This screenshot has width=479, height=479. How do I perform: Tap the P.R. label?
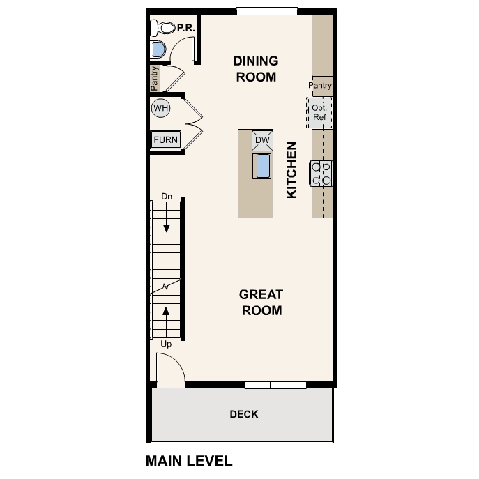[185, 28]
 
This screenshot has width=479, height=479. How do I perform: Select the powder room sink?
[158, 50]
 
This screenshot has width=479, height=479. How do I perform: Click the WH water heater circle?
[161, 108]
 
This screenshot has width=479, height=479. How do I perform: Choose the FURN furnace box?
[166, 139]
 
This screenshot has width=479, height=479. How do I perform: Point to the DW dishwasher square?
[262, 140]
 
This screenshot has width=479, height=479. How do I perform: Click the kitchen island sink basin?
[263, 166]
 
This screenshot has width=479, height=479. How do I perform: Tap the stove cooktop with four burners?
[321, 174]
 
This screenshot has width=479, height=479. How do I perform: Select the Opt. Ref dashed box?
[320, 113]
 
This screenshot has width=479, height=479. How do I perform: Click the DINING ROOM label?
[256, 69]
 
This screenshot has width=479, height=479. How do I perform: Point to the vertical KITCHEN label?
[292, 170]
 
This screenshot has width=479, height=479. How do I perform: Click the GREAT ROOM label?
[261, 303]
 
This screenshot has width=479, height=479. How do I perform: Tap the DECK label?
[244, 414]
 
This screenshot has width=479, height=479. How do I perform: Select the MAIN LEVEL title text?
[189, 461]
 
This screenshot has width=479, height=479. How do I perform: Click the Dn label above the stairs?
[167, 197]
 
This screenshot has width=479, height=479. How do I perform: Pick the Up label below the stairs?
[166, 344]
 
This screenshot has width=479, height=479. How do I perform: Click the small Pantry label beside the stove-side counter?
[320, 86]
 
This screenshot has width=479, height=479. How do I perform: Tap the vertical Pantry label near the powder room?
[155, 78]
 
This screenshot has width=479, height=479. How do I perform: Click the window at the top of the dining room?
[267, 10]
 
